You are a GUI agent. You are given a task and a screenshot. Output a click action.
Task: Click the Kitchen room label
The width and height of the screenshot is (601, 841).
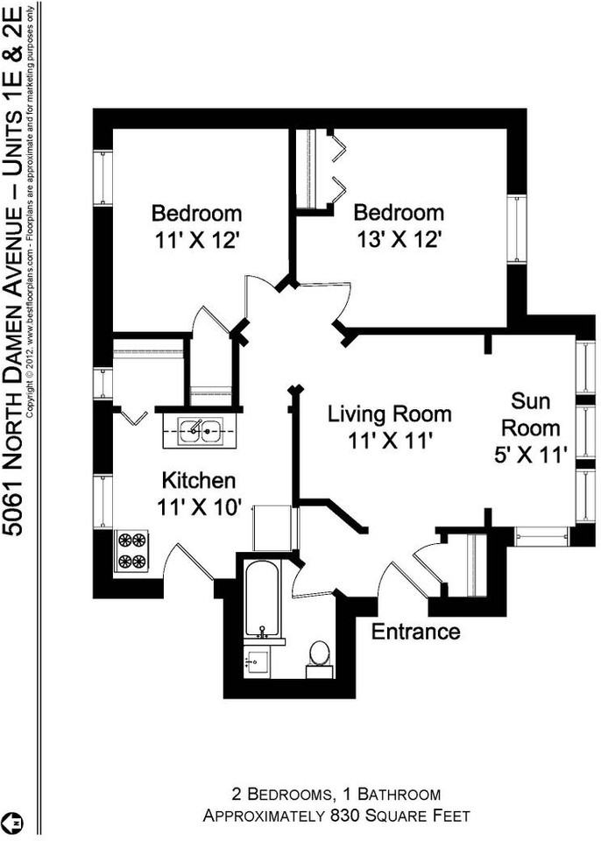click(x=199, y=480)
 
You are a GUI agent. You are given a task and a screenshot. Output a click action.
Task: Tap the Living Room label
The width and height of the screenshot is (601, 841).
click(x=390, y=414)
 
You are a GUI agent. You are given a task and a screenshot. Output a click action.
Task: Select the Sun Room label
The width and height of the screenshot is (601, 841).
click(x=530, y=414)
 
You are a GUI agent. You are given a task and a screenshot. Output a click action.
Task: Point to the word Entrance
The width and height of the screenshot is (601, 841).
click(x=416, y=632)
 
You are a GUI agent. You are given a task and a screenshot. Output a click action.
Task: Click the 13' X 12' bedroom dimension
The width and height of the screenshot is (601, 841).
click(x=399, y=240)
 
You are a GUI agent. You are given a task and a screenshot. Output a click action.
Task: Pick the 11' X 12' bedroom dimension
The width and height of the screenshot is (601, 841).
click(x=196, y=240)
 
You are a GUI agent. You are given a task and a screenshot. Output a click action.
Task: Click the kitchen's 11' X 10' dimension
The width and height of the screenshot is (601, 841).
click(x=199, y=507)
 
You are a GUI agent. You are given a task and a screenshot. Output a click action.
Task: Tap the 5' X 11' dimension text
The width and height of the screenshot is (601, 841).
click(x=530, y=456)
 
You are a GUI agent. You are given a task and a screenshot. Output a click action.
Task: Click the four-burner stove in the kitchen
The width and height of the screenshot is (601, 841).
click(x=131, y=551)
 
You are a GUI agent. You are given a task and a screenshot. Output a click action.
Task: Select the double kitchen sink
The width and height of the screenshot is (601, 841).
click(x=201, y=431)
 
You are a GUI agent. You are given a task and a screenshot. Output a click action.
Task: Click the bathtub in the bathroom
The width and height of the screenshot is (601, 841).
click(x=262, y=598)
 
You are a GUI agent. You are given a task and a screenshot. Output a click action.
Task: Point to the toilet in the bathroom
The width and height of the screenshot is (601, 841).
click(x=320, y=658)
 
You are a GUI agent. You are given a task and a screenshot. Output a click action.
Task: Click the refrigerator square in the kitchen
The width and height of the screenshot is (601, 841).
click(x=272, y=527)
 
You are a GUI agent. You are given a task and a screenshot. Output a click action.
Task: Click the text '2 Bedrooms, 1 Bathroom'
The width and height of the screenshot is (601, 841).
click(x=336, y=794)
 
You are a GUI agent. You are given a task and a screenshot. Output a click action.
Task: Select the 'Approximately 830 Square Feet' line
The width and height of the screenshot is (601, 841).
click(x=336, y=816)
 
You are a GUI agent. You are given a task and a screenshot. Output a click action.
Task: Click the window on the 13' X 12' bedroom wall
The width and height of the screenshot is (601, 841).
click(x=517, y=229)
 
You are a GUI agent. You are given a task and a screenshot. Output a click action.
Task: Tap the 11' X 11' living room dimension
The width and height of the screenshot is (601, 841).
click(x=390, y=441)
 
